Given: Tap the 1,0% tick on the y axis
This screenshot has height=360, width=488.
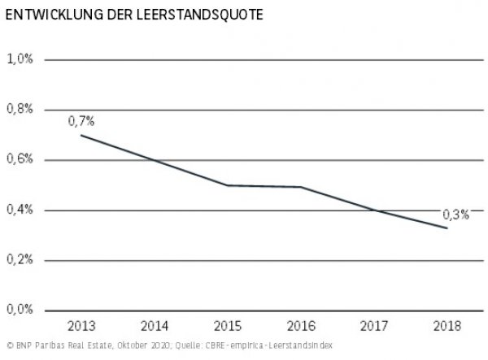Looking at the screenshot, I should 20,59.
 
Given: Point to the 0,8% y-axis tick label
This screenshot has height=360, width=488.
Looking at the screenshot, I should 20,110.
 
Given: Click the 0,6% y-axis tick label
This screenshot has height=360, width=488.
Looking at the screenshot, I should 20,160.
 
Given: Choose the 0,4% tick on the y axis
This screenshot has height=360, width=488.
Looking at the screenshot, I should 20,210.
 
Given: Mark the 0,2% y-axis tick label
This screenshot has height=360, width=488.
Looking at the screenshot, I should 20,261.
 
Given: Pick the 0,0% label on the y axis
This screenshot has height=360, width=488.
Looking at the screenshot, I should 20,310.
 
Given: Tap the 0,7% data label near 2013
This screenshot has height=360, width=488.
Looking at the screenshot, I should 81,120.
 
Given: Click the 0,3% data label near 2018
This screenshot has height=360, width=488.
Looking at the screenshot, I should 455,215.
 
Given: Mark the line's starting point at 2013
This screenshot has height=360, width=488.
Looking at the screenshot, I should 81,135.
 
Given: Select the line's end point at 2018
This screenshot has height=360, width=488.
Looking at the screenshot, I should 447,228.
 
